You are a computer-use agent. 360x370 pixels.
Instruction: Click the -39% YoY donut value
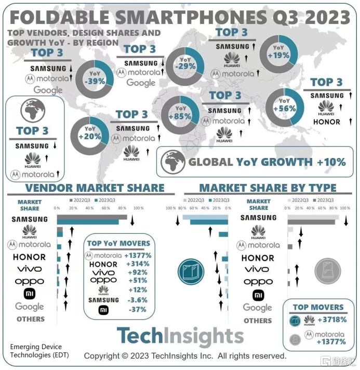(x=97, y=81)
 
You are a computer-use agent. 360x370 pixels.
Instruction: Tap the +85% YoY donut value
(x=180, y=116)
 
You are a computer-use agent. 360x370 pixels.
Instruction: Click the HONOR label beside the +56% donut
(x=326, y=122)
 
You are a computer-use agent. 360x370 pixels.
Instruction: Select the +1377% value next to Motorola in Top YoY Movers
(x=138, y=255)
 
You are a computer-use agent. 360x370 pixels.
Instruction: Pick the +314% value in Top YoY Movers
(x=138, y=264)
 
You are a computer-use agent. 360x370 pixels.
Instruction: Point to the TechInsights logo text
(x=180, y=336)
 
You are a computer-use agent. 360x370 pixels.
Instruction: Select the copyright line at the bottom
(x=185, y=356)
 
